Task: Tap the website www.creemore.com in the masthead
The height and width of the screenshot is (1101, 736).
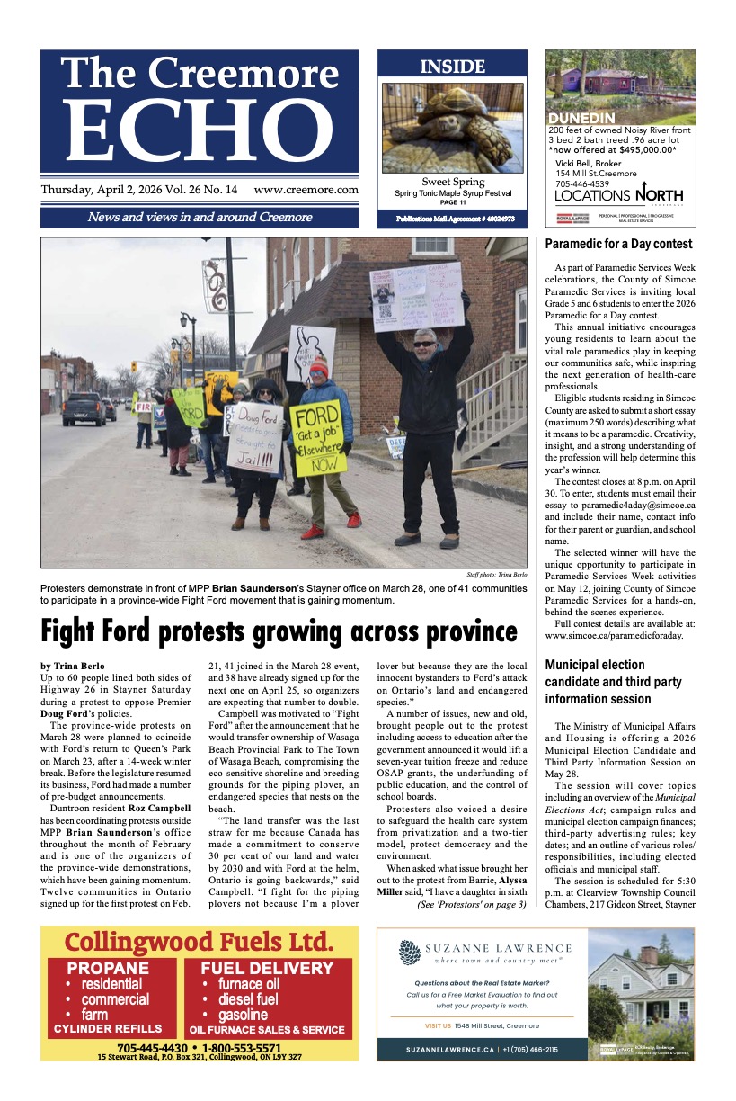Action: tap(306, 191)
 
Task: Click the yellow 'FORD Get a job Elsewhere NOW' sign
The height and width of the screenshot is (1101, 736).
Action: tap(317, 438)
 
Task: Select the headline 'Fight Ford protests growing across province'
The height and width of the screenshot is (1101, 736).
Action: tap(278, 631)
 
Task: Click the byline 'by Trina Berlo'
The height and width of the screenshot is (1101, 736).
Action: tap(72, 667)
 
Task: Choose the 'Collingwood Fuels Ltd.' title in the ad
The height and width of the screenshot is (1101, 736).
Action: tap(199, 943)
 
